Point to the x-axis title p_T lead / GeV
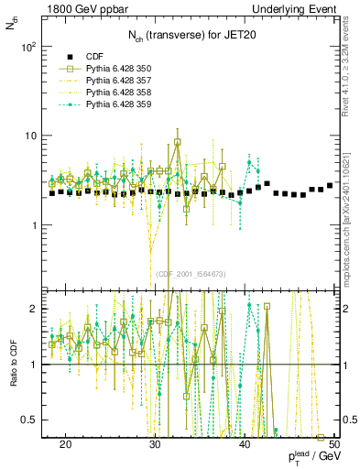312,458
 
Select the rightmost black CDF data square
330,186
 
